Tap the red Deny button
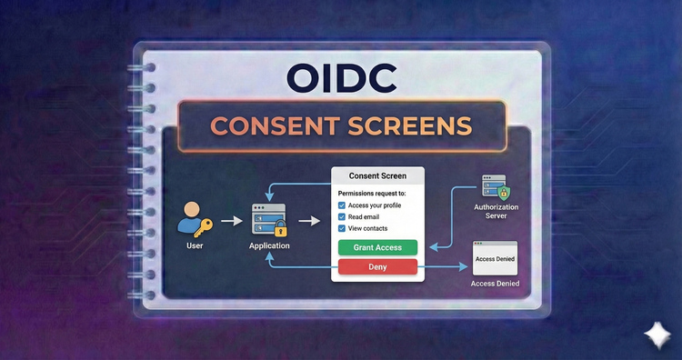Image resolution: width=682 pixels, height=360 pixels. [x=377, y=266]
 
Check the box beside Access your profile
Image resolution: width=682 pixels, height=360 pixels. [x=342, y=205]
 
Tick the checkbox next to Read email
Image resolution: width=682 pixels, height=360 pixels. [x=342, y=217]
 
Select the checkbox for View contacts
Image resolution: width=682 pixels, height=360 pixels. [x=342, y=229]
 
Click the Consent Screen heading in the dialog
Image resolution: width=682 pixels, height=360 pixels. [x=377, y=175]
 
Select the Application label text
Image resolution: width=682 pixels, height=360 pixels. [x=270, y=246]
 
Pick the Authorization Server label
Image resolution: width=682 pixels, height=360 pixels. [x=495, y=213]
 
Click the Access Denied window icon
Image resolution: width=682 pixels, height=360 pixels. [x=495, y=258]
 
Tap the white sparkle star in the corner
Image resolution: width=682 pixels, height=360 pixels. [x=655, y=335]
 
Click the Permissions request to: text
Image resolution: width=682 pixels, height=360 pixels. [x=371, y=194]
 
